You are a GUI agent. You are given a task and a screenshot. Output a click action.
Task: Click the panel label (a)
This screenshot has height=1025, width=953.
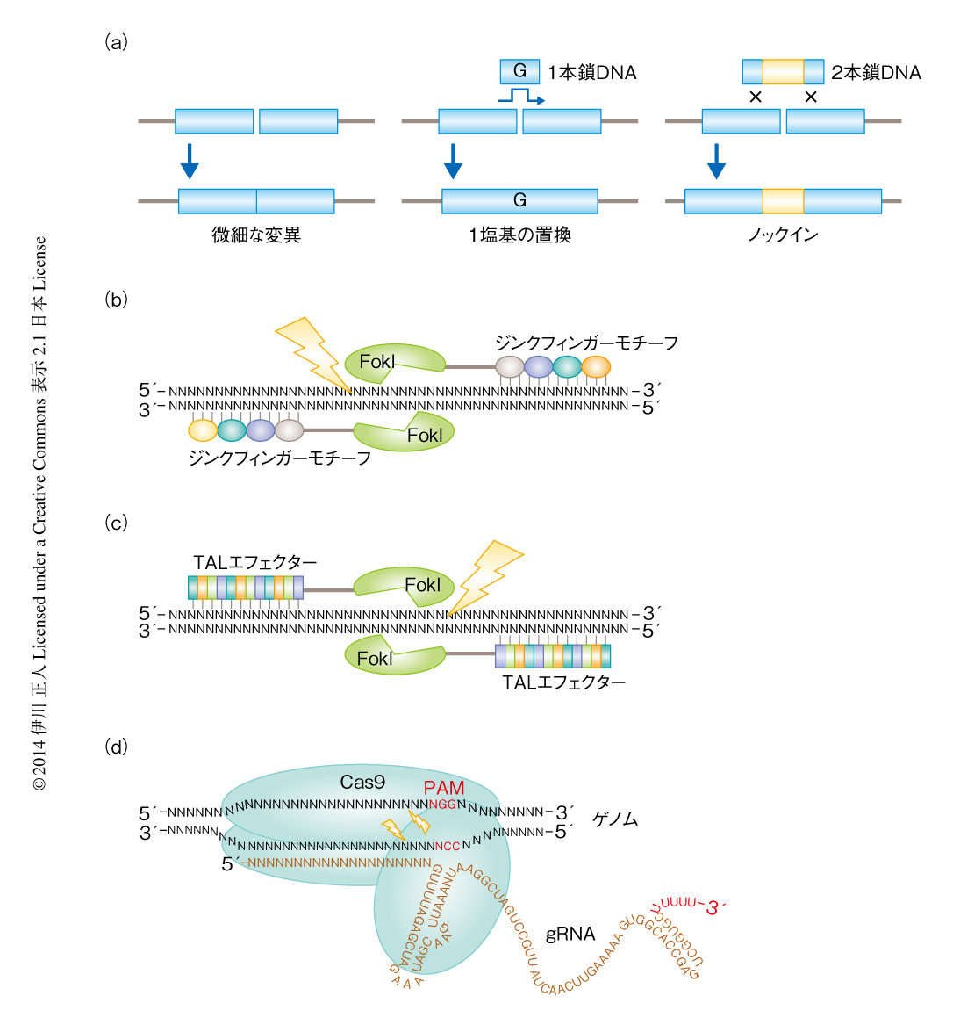click(116, 42)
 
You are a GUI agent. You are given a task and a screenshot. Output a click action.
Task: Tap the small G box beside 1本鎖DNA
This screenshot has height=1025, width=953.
click(519, 71)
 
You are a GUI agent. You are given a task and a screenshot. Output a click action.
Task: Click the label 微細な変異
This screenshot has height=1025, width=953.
click(256, 235)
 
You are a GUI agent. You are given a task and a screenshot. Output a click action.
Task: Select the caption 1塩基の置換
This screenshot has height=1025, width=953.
click(519, 235)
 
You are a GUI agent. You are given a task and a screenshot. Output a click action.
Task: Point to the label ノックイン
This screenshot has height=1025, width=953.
click(783, 235)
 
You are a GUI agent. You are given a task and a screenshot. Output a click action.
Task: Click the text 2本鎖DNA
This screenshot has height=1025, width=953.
click(876, 73)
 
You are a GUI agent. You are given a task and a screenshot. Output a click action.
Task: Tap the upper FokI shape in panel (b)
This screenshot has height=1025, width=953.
click(394, 362)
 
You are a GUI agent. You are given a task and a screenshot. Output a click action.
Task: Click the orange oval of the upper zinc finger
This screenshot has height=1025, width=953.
click(596, 367)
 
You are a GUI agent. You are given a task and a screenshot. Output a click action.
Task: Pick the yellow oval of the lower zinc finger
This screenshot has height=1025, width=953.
click(203, 429)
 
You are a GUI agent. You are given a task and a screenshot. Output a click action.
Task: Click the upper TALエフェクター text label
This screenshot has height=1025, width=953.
click(255, 563)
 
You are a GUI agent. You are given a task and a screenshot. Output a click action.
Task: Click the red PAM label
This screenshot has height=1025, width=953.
click(444, 788)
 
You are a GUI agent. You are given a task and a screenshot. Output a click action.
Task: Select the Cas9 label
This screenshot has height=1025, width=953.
click(362, 782)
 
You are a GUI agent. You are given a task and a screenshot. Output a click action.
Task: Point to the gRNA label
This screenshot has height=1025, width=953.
click(570, 934)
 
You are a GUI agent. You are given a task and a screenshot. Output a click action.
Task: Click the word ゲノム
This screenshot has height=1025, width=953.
click(615, 819)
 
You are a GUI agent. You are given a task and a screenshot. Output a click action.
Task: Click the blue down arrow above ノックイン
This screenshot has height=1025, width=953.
click(716, 160)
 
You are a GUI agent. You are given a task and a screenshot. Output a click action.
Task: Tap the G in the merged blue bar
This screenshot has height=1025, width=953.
click(519, 201)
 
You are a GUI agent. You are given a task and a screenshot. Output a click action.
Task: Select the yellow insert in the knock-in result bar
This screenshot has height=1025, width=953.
click(783, 201)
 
